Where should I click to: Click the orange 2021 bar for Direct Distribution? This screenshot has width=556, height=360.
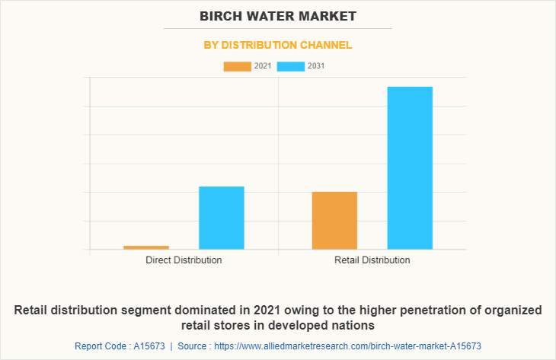[145, 247]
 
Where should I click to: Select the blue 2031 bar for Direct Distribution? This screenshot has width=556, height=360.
[222, 218]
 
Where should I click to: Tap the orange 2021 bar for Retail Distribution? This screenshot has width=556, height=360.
[334, 220]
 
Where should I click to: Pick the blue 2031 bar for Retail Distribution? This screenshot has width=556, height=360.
[410, 167]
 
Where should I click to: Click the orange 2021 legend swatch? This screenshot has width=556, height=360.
[237, 66]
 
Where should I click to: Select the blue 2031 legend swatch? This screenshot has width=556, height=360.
[291, 66]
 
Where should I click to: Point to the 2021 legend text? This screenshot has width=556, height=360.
[263, 66]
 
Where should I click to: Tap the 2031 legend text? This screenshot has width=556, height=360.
[317, 66]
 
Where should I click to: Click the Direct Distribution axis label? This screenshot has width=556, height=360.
[184, 260]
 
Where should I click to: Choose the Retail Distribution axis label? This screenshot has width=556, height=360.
[372, 260]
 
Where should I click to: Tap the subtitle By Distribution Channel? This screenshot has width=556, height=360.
[278, 45]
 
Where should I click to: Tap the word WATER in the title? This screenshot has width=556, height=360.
[277, 15]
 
